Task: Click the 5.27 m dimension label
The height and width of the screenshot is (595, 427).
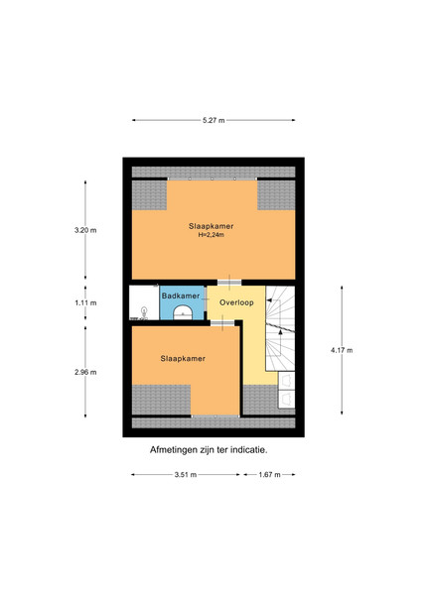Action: (213, 120)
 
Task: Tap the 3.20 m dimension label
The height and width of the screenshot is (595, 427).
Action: (85, 230)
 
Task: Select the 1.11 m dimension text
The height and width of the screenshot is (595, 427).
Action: (85, 302)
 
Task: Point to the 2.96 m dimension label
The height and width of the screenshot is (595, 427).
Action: (85, 372)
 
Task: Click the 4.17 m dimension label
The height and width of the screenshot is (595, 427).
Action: (342, 350)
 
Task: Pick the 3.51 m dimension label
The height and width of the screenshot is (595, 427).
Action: (186, 475)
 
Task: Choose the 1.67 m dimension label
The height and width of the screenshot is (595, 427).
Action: (270, 475)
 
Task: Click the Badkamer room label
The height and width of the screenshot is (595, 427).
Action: (181, 296)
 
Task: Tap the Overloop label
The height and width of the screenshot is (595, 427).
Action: (236, 302)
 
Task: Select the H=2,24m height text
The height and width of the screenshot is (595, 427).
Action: (212, 235)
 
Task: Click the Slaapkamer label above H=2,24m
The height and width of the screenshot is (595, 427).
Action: (212, 226)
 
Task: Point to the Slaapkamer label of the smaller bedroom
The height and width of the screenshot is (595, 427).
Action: (183, 359)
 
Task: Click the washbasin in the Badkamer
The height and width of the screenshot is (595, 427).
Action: (183, 312)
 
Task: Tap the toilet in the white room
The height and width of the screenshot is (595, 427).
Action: (144, 312)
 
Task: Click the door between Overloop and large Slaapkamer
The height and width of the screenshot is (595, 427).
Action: (229, 283)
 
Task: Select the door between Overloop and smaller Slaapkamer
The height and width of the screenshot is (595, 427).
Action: (222, 323)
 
